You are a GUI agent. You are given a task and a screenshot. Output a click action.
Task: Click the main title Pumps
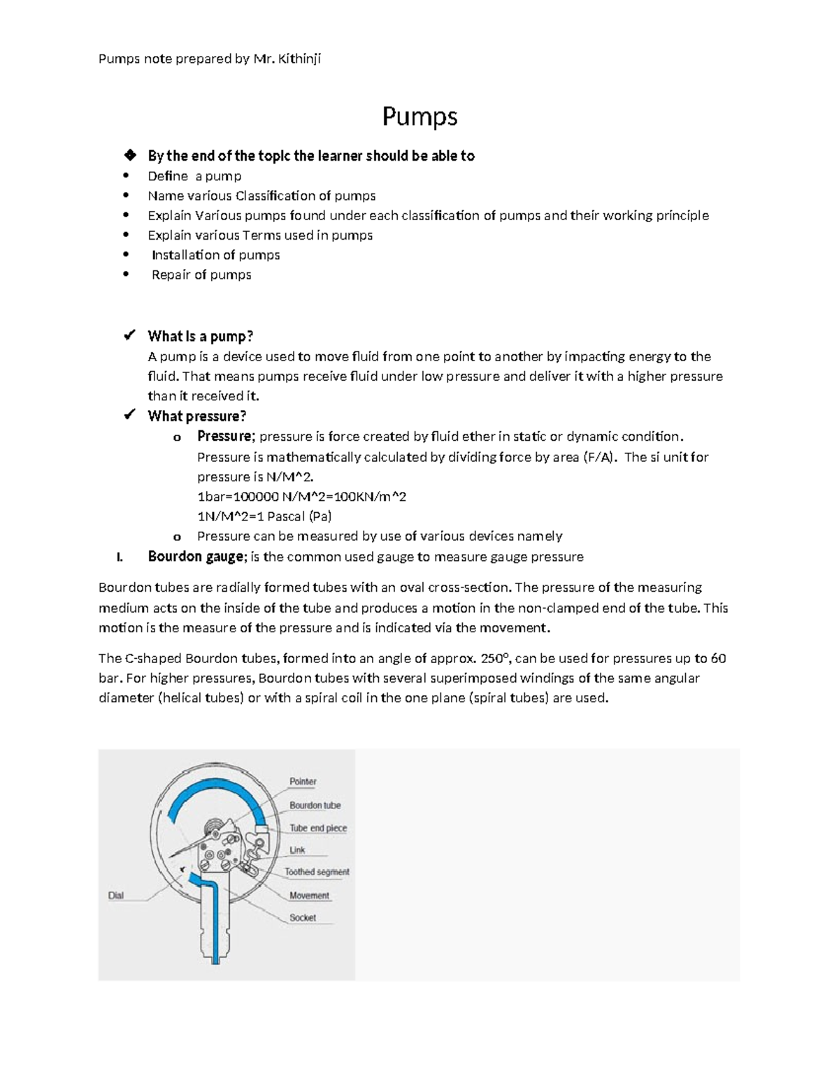tap(419, 117)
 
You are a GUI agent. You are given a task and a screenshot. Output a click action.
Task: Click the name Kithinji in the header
tap(299, 59)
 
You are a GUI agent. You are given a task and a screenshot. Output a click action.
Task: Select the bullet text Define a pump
tap(194, 176)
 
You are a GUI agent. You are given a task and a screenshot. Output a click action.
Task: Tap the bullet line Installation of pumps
tap(215, 255)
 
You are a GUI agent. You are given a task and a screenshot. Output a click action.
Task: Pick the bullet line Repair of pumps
tap(201, 275)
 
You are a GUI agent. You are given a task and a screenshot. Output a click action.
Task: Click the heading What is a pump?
tap(200, 336)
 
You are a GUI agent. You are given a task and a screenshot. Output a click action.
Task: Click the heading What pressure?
tap(196, 416)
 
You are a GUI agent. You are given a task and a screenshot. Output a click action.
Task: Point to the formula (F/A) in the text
tap(600, 457)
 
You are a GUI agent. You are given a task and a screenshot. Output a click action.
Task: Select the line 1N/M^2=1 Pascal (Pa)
tap(264, 516)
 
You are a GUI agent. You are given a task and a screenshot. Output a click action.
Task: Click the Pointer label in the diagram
tap(303, 781)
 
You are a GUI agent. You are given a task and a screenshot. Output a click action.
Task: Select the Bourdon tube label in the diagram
tap(315, 805)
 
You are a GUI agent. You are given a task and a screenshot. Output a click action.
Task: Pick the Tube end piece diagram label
tap(318, 828)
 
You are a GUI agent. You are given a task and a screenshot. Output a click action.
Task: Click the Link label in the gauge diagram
tap(297, 850)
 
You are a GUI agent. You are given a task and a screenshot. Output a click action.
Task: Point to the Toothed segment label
tap(317, 872)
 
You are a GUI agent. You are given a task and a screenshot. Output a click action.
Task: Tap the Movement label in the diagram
tap(309, 895)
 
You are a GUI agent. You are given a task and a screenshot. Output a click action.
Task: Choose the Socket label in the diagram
tap(303, 917)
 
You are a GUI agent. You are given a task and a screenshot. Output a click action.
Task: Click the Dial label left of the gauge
tap(116, 895)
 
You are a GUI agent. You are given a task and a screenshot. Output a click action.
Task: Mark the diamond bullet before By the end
tap(129, 155)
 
